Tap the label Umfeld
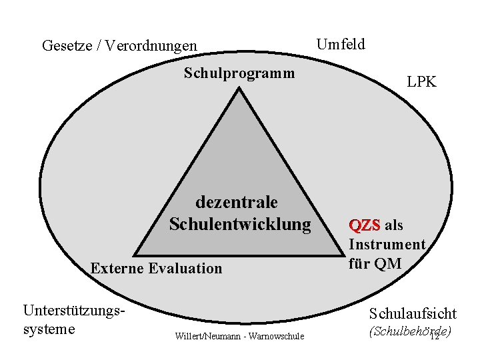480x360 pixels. point(341,45)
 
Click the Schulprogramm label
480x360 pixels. point(239,72)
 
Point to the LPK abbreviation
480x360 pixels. point(422,82)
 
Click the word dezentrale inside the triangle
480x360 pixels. point(237,201)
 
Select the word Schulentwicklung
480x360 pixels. point(240,224)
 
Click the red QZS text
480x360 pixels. point(365,225)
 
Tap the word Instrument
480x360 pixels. point(387,245)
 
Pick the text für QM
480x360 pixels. point(375,263)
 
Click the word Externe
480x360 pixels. point(117,269)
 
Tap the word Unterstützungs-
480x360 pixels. point(75,311)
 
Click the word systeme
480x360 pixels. point(49,329)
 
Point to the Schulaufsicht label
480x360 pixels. point(413,313)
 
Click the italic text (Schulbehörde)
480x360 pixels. point(409,331)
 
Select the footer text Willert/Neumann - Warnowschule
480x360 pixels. point(239,336)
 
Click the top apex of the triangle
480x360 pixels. point(239,89)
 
